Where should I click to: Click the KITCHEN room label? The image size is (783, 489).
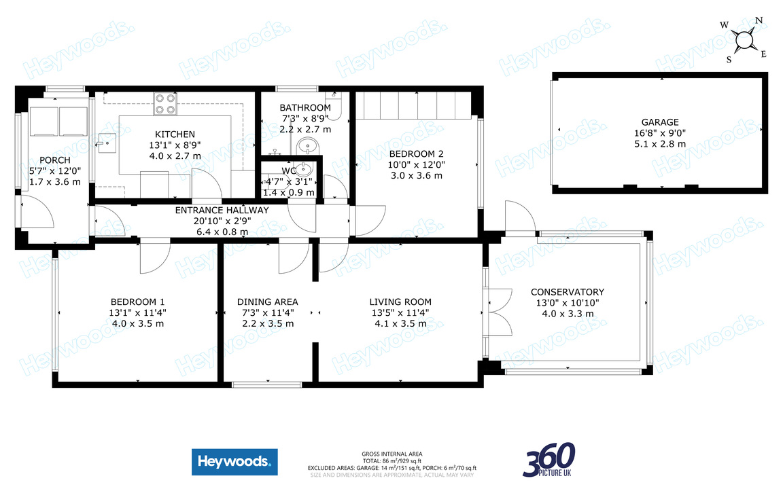(x=175, y=134)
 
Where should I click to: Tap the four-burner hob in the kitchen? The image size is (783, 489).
(x=164, y=103)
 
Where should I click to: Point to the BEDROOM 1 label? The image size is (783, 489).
(x=138, y=302)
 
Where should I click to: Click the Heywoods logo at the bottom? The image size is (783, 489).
(x=234, y=462)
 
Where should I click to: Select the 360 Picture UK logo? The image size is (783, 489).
(x=549, y=460)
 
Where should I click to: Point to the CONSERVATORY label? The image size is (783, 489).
(x=568, y=292)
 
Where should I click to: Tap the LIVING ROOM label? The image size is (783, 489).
(x=400, y=302)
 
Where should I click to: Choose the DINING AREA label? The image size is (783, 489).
(x=267, y=302)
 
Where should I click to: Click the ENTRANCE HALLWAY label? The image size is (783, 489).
(x=222, y=211)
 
